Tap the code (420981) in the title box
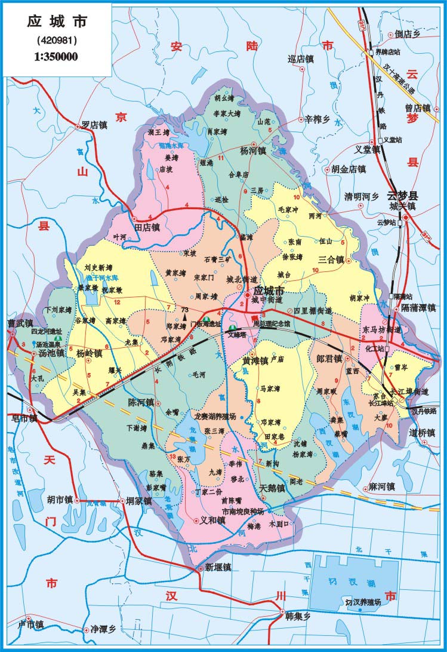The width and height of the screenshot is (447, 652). point(56,41)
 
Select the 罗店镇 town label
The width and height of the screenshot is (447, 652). point(94,125)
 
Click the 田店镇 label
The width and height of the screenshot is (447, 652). point(147,228)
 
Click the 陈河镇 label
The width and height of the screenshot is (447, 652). point(141,402)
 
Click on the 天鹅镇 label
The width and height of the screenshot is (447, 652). point(272,488)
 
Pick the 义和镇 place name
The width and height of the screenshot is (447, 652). point(213,520)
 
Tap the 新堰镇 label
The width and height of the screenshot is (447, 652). point(218,567)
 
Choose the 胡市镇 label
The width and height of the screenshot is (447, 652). point(60,499)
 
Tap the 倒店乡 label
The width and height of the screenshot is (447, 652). point(408,34)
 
